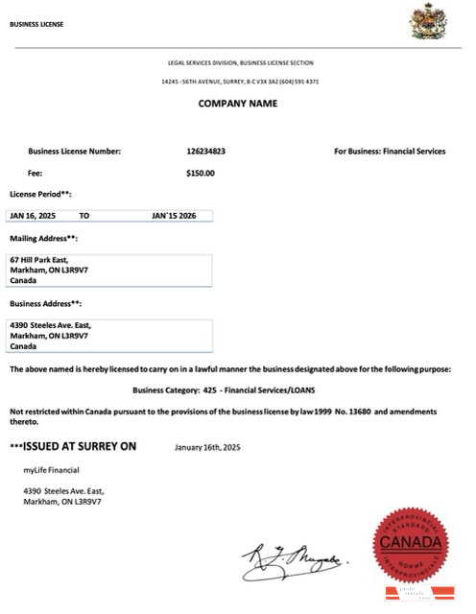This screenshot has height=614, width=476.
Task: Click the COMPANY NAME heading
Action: click(x=238, y=104)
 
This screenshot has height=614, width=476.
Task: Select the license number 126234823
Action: click(x=206, y=151)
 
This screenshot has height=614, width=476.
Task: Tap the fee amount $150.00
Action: click(x=201, y=174)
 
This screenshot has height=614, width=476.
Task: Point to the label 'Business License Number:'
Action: click(x=75, y=151)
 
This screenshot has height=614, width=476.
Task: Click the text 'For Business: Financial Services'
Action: click(x=390, y=151)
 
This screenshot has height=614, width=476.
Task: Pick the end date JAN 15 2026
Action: click(x=180, y=217)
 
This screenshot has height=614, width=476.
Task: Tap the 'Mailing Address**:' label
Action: click(x=43, y=238)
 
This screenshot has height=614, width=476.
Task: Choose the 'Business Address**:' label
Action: click(x=44, y=304)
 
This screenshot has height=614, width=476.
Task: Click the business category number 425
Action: click(x=209, y=390)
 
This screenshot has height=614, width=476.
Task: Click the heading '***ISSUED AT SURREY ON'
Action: click(x=74, y=446)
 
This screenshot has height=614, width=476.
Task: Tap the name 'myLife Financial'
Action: click(x=51, y=469)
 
